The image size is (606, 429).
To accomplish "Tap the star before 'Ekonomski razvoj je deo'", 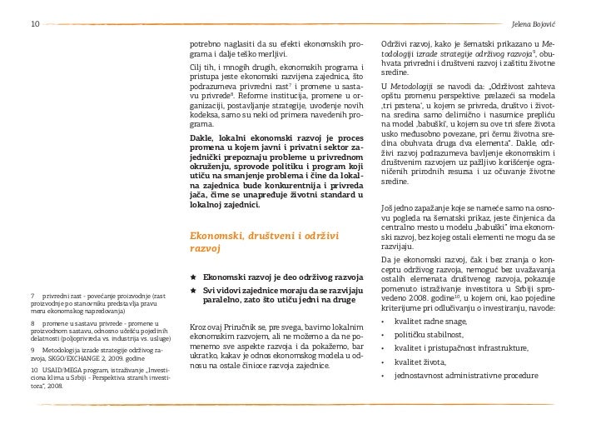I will pyautogui.click(x=194, y=276).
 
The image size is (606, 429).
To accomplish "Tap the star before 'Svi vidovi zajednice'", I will pyautogui.click(x=194, y=289).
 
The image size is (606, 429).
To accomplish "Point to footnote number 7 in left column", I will pyautogui.click(x=31, y=296).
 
